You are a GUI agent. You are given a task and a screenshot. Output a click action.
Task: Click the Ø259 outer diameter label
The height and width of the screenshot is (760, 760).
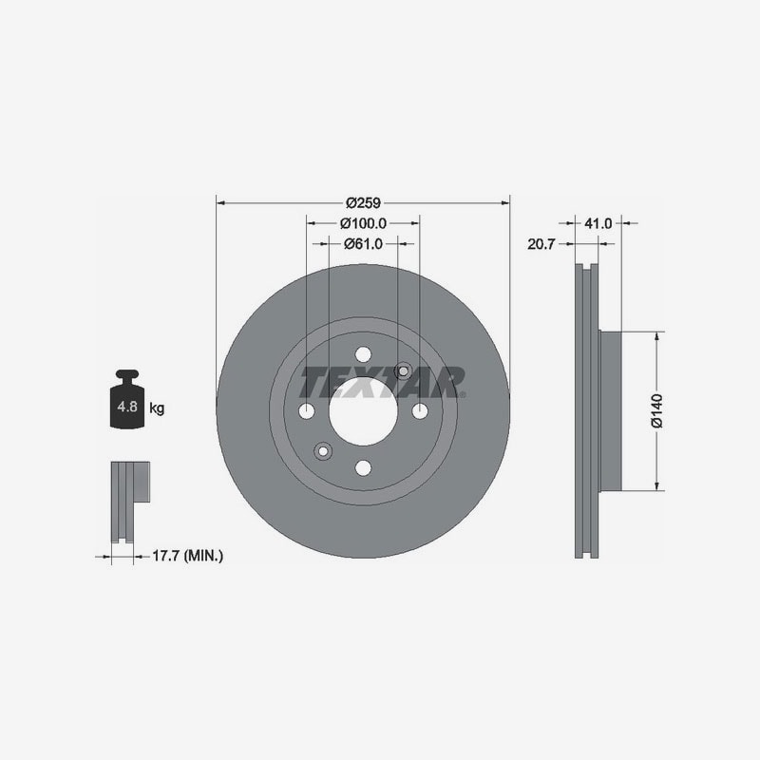tap(363, 202)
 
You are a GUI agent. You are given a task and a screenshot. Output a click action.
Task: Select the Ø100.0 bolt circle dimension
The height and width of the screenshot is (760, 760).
tap(363, 223)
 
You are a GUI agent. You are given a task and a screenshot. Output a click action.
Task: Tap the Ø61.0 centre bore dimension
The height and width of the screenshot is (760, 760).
tap(363, 244)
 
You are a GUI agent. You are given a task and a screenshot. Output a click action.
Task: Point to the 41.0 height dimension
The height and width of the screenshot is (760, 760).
tap(598, 223)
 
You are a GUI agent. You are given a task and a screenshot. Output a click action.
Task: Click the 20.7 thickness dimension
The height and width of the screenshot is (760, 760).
tap(541, 244)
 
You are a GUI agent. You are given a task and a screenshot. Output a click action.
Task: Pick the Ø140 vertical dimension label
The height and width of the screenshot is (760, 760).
tap(657, 411)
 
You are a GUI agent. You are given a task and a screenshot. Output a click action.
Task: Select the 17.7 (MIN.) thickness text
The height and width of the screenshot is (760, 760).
tap(188, 556)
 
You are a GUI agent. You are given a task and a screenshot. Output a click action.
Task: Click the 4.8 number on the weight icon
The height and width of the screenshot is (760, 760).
tap(127, 407)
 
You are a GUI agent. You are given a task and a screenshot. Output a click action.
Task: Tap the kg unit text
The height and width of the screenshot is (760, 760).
tap(157, 408)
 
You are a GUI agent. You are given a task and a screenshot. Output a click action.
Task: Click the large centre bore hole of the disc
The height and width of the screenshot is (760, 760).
tap(363, 411)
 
